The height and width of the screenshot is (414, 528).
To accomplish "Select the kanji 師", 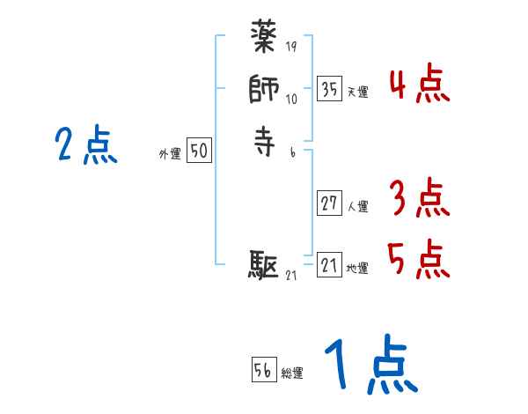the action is [265, 90].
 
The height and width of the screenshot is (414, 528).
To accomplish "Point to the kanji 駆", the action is [265, 263].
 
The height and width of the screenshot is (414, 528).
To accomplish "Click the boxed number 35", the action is [329, 89].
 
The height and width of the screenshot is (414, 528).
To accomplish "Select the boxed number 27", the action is [329, 203].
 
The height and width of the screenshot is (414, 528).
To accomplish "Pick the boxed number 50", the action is [198, 152].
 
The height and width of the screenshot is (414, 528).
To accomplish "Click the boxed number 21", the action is [329, 265].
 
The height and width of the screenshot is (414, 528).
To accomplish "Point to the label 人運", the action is [358, 207].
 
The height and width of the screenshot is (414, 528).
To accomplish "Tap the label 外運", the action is [170, 154].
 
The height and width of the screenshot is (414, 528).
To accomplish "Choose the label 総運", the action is [292, 373].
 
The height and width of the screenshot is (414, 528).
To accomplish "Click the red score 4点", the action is [419, 86].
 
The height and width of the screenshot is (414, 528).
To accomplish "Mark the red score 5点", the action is [419, 259].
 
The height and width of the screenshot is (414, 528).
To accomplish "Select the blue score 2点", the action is [86, 145].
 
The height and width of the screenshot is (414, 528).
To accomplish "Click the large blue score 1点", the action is [370, 366].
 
